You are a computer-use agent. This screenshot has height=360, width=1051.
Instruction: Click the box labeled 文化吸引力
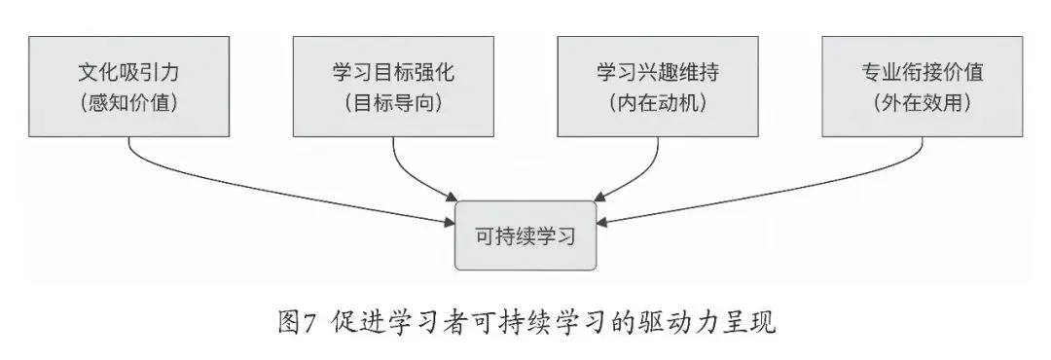[128, 87]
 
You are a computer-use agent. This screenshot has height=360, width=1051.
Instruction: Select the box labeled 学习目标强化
[393, 87]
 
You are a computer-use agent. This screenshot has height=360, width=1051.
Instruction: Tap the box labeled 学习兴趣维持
[658, 87]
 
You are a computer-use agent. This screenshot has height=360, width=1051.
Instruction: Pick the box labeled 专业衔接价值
[923, 87]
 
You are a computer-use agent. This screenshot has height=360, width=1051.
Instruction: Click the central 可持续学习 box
[525, 235]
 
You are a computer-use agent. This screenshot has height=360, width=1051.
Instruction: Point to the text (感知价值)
[128, 103]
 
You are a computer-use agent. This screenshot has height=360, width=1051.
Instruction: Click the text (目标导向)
[393, 103]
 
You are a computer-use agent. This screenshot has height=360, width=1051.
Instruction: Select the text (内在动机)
[658, 103]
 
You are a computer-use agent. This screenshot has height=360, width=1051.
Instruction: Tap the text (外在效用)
[923, 103]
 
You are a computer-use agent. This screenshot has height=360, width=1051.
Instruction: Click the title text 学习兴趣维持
[658, 72]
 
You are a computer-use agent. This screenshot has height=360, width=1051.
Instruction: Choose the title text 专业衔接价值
[923, 72]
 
